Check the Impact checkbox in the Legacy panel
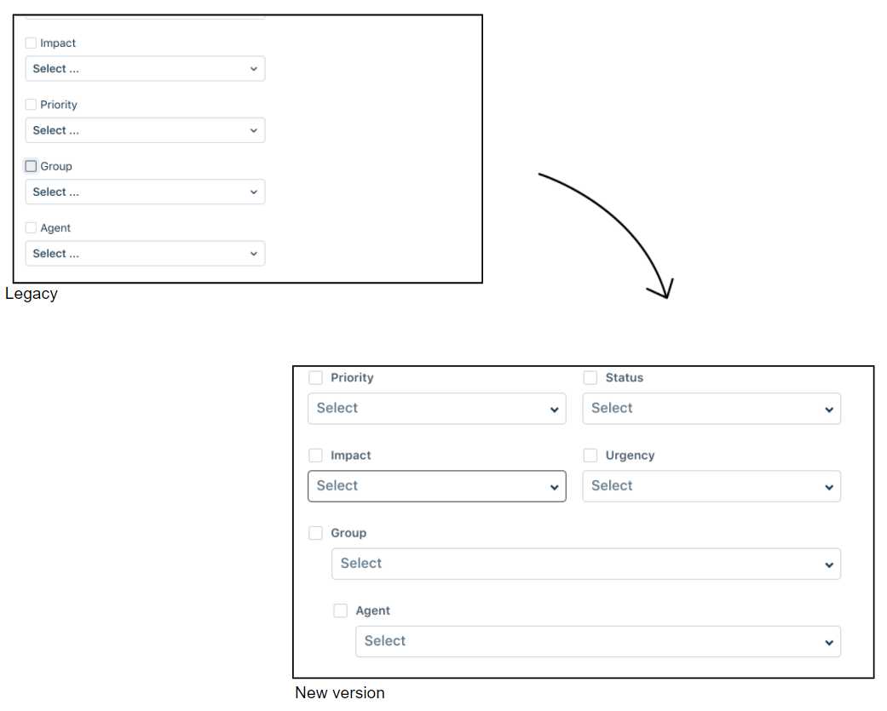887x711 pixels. coord(31,43)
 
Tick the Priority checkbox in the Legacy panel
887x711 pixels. coord(31,105)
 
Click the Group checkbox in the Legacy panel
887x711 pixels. coord(31,166)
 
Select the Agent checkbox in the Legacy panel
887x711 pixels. coord(31,228)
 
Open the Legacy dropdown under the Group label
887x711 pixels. coord(145,192)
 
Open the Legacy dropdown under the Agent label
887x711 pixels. coord(145,254)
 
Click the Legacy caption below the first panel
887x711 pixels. coord(32,294)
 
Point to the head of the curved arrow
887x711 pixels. coord(665,292)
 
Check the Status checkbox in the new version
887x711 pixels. coord(590,378)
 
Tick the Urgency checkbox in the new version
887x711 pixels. coord(590,456)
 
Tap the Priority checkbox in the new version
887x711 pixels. coord(316,378)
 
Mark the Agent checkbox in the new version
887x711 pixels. coord(341,611)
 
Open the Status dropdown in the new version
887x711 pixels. coord(711,409)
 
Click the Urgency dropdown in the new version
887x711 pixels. coord(711,486)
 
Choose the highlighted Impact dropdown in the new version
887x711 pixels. coord(436,486)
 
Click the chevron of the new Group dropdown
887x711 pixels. coord(829,565)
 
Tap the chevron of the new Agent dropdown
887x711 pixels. coord(829,643)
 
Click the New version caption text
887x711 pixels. coord(340,693)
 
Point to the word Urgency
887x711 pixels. coord(630,456)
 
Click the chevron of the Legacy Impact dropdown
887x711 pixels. coord(253,69)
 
